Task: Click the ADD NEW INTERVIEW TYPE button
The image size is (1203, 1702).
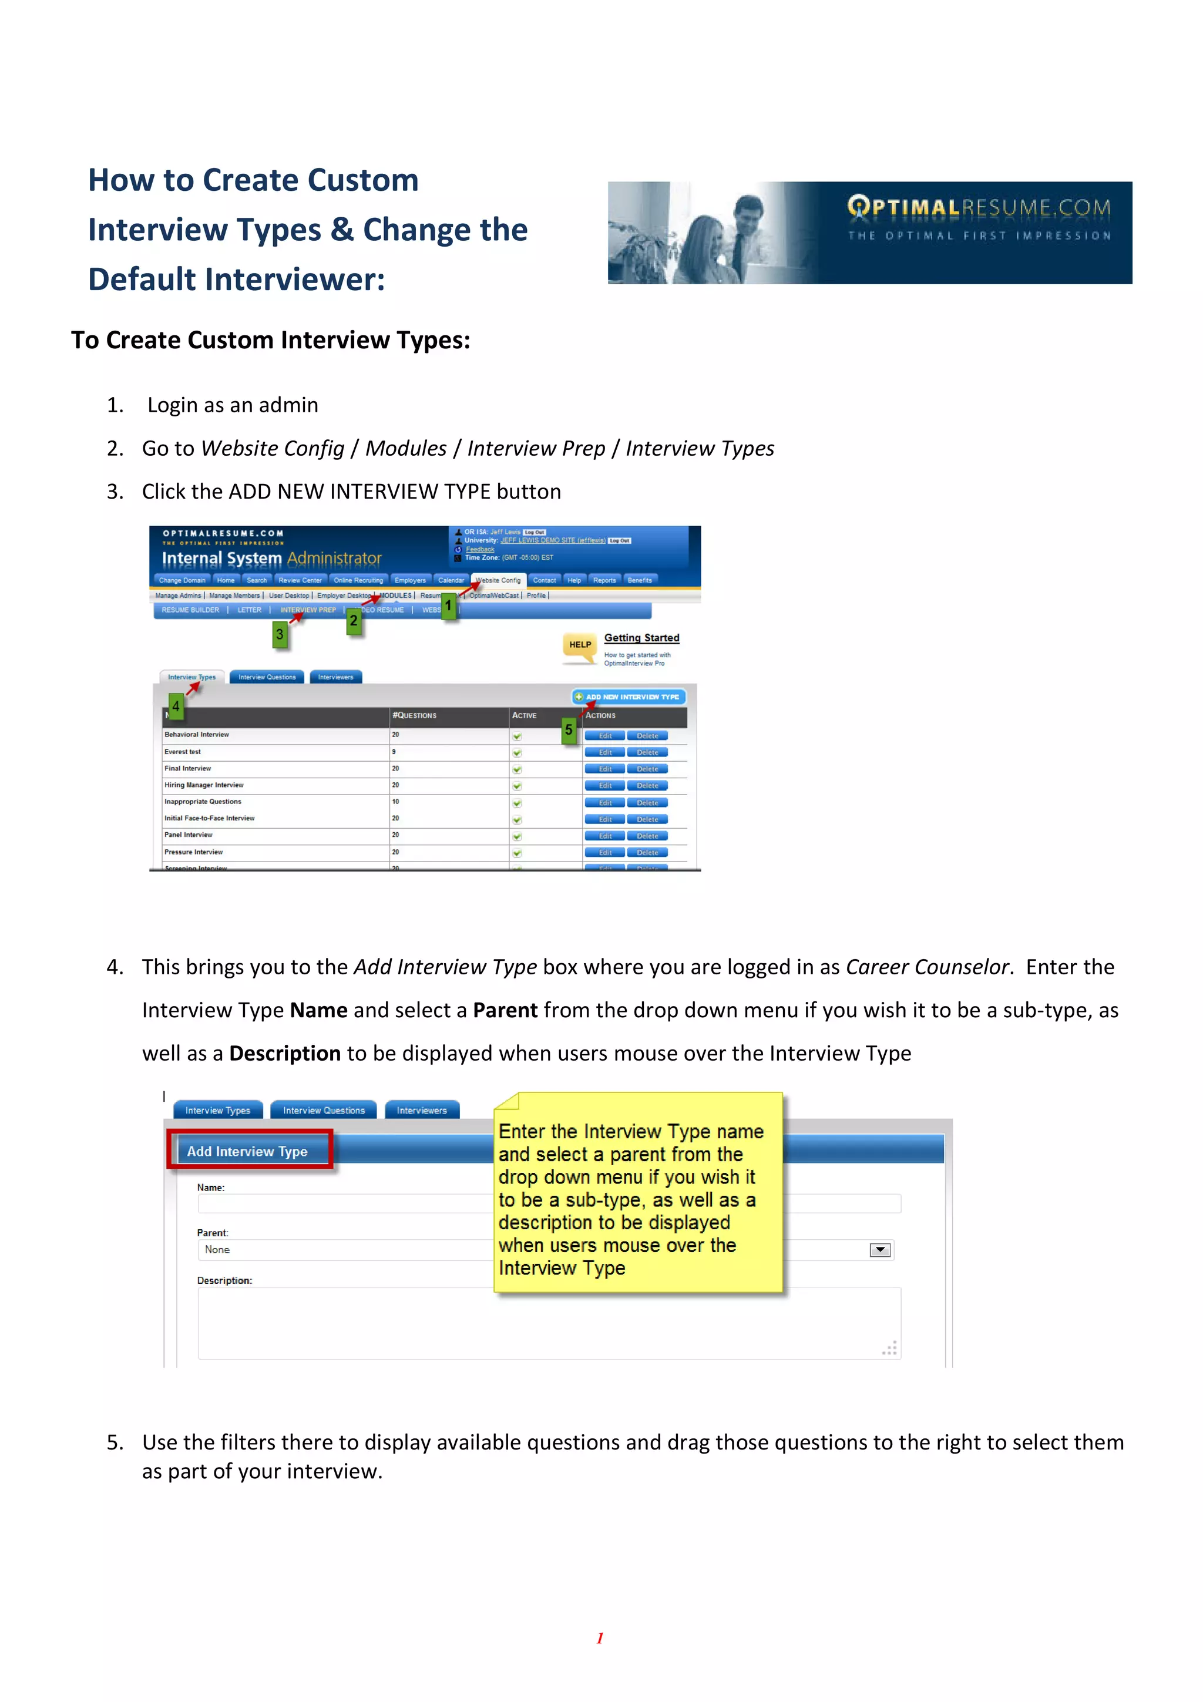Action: click(629, 697)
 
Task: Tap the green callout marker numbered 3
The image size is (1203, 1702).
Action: click(280, 634)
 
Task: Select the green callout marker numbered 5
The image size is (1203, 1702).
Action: click(569, 730)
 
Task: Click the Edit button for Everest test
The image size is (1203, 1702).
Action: click(605, 752)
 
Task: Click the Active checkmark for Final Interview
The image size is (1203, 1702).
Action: click(517, 769)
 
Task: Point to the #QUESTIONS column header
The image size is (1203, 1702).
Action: click(415, 715)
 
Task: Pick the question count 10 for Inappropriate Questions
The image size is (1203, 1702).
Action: click(395, 801)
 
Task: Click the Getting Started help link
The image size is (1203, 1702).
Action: click(641, 637)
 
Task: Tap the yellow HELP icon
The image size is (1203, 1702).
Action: click(580, 645)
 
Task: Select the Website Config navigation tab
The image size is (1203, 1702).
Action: click(498, 580)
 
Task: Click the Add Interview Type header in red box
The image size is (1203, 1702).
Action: click(247, 1151)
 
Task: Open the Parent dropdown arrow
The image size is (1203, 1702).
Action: click(880, 1250)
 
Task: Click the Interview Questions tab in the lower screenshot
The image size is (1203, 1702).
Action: click(323, 1111)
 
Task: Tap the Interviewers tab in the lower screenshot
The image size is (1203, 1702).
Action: click(421, 1111)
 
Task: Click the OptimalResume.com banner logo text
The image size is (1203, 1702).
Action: click(979, 207)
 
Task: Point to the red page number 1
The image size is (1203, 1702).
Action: click(600, 1637)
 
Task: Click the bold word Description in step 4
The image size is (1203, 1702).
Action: click(285, 1054)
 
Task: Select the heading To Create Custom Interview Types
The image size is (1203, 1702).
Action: click(271, 340)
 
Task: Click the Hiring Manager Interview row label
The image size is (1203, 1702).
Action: click(204, 785)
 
